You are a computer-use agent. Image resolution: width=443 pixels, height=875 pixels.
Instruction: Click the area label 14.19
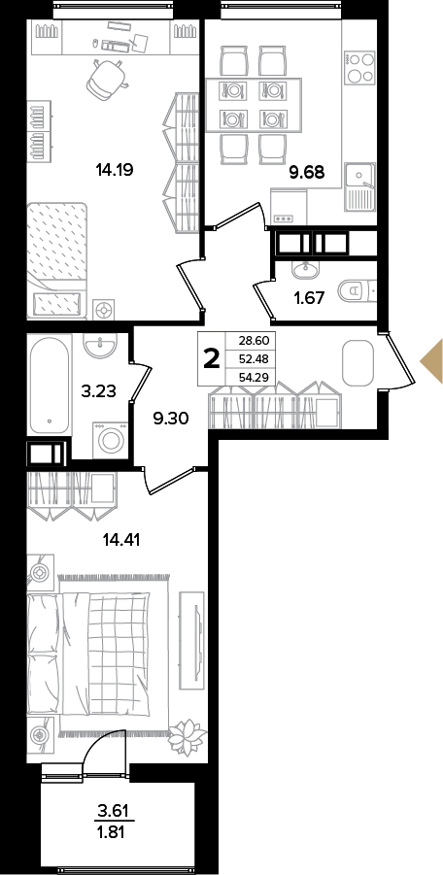click(114, 169)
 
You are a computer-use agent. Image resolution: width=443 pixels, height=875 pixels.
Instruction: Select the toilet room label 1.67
click(309, 298)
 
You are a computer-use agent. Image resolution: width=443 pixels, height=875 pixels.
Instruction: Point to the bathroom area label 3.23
click(98, 391)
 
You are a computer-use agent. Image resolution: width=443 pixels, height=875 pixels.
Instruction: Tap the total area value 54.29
click(255, 377)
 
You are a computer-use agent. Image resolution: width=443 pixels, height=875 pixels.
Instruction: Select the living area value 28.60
click(255, 341)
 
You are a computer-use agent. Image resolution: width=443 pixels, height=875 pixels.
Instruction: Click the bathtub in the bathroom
click(51, 384)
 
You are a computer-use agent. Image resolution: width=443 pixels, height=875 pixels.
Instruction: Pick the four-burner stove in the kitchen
click(359, 68)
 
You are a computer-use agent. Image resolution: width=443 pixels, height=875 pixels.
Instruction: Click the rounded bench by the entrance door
click(358, 363)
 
